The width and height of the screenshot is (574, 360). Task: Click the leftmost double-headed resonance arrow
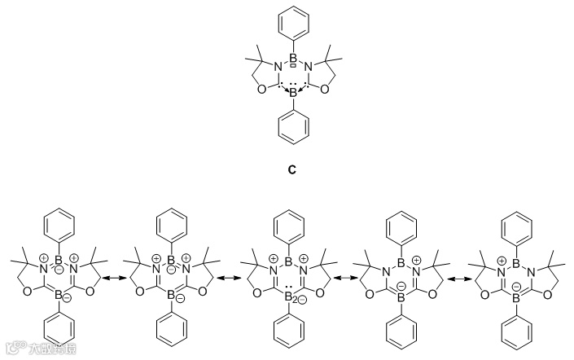click(110, 279)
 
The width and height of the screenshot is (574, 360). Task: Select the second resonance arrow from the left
click(228, 279)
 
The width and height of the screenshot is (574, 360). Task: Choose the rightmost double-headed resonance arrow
click(462, 279)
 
